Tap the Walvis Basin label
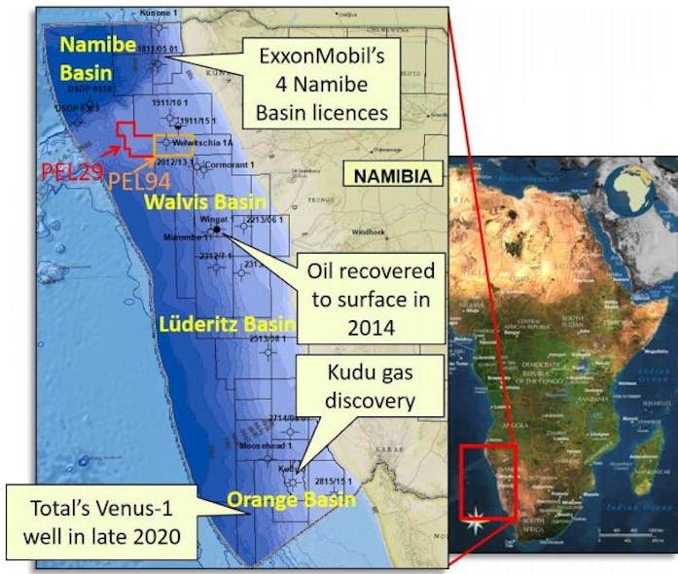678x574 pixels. pos(204,202)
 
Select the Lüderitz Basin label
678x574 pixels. pos(215,322)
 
